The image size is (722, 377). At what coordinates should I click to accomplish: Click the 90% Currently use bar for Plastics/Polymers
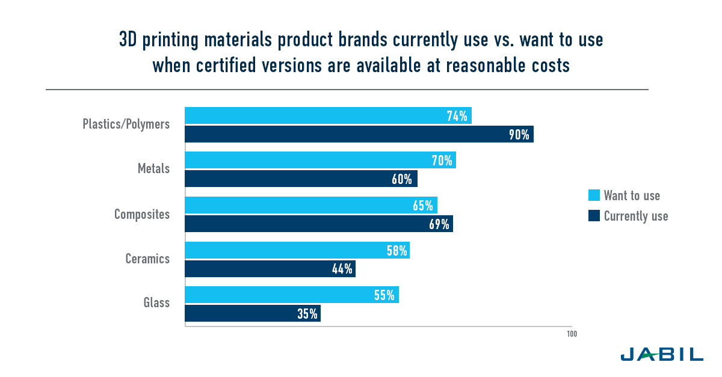coord(359,134)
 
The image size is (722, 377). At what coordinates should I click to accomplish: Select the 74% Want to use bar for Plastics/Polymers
coord(327,116)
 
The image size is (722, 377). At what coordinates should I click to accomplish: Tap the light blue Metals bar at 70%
coord(320,161)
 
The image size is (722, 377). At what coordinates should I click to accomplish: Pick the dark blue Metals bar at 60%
coord(301,179)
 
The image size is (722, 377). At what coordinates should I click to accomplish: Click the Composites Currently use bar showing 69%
coord(318,224)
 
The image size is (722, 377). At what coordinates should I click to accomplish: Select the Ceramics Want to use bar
coord(297,250)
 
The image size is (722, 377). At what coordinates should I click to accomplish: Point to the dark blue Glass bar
coord(252,313)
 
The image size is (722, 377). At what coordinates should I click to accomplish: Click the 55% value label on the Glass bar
coord(383,295)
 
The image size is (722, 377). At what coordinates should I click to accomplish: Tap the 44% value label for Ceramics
coord(342,269)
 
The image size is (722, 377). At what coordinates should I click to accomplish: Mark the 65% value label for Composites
coord(422,206)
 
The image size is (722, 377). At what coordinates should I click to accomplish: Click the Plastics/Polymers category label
coord(126,124)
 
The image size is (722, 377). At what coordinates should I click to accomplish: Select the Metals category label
coord(153,169)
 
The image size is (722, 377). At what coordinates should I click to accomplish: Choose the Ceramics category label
coord(147,259)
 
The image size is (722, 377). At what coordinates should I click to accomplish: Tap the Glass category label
coord(156,303)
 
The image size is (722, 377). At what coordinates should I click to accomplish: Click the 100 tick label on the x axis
coord(571,334)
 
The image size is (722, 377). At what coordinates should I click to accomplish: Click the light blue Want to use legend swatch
coord(594,195)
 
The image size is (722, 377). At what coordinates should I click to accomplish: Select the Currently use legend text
coord(636,216)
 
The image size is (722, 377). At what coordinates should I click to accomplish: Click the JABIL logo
coord(661,354)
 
